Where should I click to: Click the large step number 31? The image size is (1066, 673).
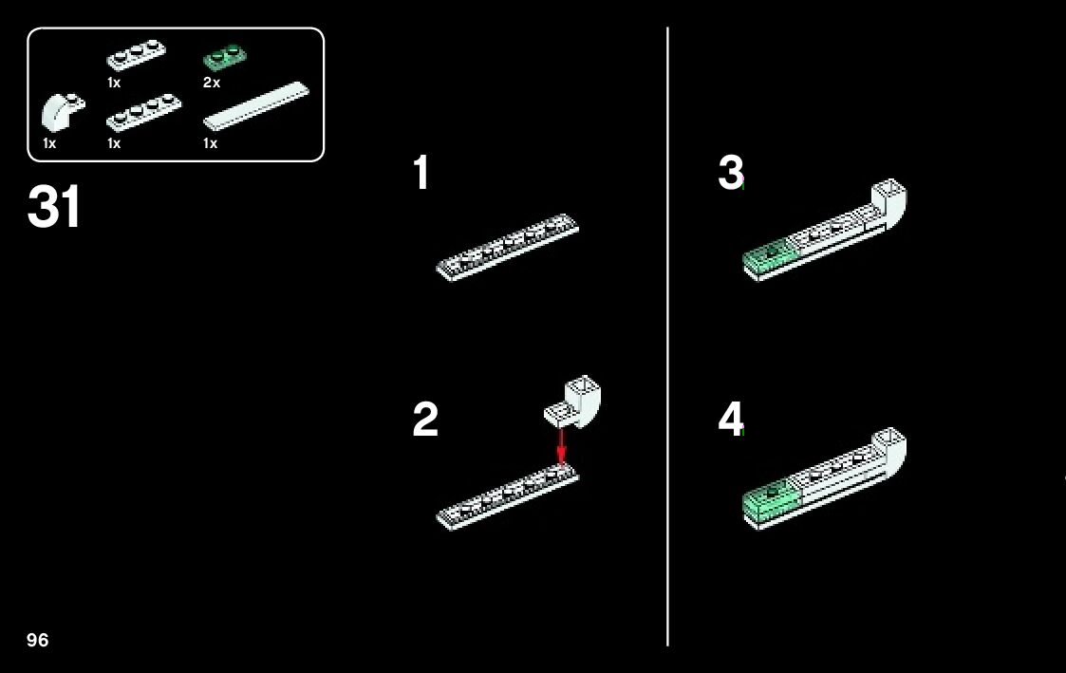(x=55, y=207)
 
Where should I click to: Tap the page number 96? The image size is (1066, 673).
(x=38, y=640)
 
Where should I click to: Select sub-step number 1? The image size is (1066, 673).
(x=421, y=174)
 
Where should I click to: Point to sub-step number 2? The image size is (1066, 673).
(x=425, y=420)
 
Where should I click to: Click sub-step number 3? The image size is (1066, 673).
(x=730, y=173)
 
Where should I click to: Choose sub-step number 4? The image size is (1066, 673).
(x=730, y=420)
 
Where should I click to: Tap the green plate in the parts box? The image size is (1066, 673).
(x=224, y=59)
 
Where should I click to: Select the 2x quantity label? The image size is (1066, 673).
(x=212, y=83)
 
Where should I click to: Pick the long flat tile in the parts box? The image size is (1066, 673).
(x=257, y=104)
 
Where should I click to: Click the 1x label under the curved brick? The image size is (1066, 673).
(x=49, y=143)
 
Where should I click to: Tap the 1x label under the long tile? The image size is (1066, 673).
(x=210, y=143)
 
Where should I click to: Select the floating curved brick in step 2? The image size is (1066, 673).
(x=577, y=400)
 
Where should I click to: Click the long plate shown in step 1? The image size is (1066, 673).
(x=507, y=245)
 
